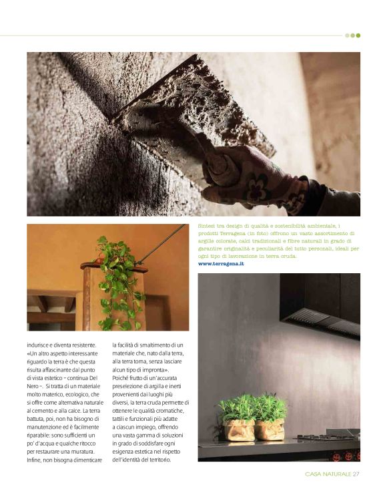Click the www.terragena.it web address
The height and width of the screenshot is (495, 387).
tap(221, 264)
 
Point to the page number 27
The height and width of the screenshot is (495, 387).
tap(356, 474)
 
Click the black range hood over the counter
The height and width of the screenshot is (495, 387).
tap(320, 307)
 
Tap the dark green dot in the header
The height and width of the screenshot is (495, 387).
tap(358, 35)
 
